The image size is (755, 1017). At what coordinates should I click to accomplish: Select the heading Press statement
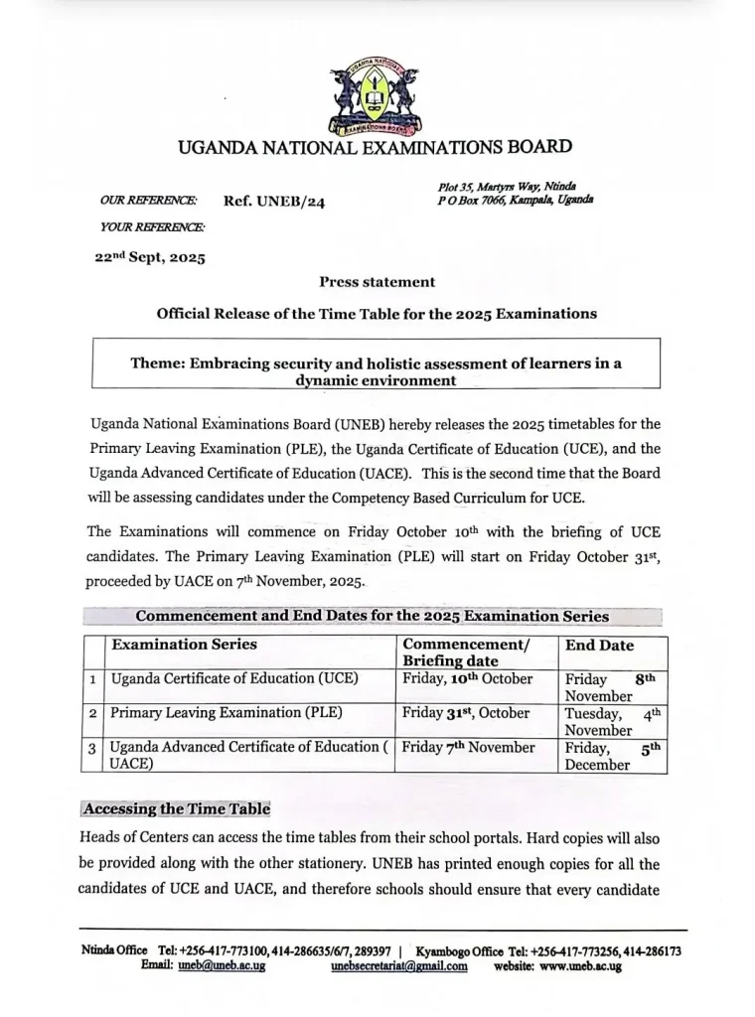pyautogui.click(x=377, y=282)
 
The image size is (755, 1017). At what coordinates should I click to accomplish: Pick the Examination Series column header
pyautogui.click(x=184, y=645)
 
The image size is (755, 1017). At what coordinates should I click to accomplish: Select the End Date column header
pyautogui.click(x=599, y=646)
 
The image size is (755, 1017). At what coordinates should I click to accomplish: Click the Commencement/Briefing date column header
pyautogui.click(x=466, y=653)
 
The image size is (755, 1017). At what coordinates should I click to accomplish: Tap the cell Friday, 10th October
pyautogui.click(x=468, y=679)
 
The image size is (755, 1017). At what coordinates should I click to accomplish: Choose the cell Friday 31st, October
pyautogui.click(x=466, y=713)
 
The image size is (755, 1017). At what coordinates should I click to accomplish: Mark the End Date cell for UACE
pyautogui.click(x=611, y=756)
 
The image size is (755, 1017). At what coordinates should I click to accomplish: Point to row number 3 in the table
pyautogui.click(x=92, y=748)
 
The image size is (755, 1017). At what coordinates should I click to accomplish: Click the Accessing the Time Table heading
pyautogui.click(x=177, y=808)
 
